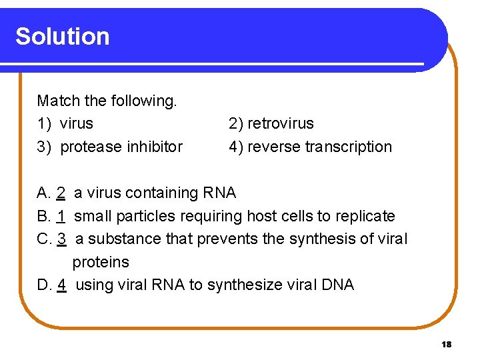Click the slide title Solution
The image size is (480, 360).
coord(63,36)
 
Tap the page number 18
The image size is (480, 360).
coord(446,344)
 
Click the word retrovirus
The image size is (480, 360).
coord(280,123)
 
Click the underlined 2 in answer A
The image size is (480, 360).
coord(61,193)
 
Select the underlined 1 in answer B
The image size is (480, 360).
coord(61,216)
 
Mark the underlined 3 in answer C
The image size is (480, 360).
coord(61,239)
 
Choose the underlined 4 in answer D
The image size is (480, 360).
coord(61,285)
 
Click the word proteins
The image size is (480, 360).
coord(101,262)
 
